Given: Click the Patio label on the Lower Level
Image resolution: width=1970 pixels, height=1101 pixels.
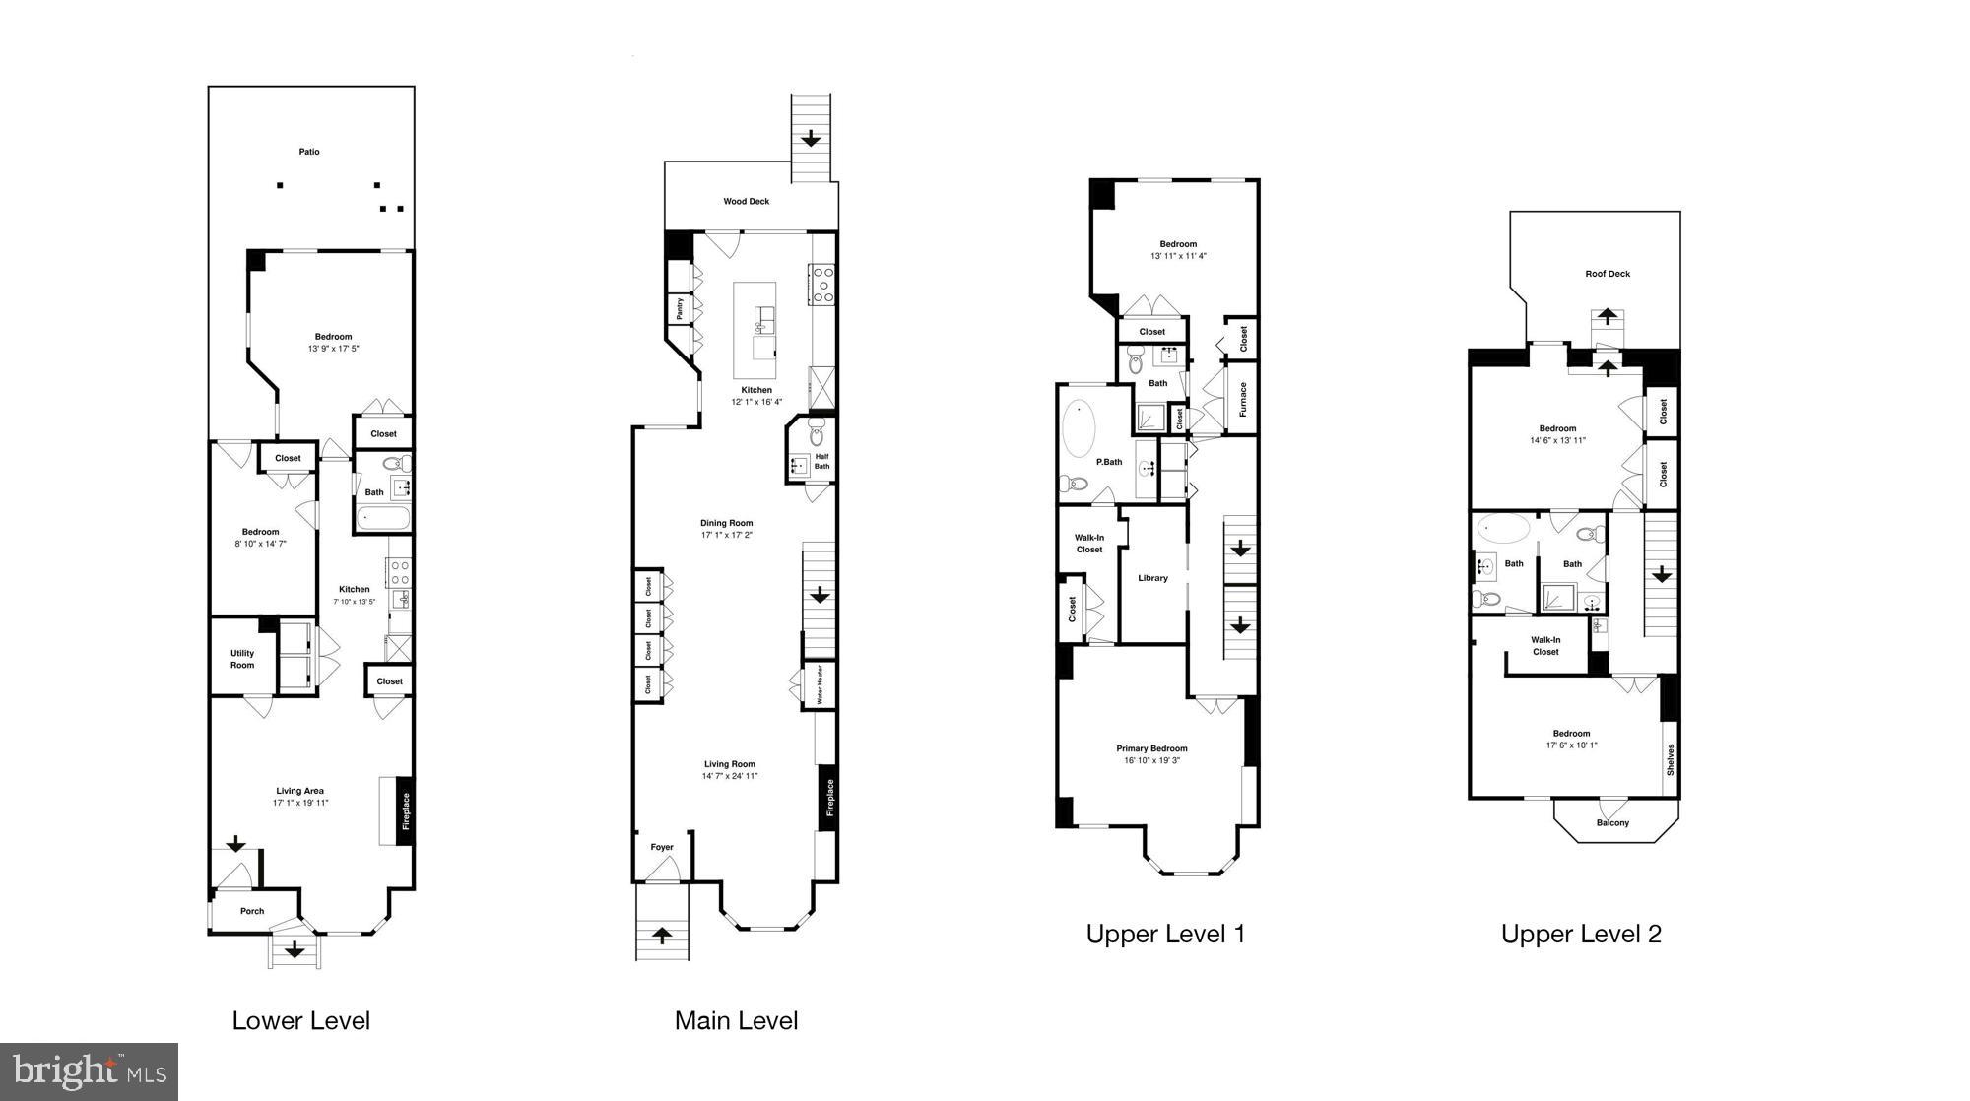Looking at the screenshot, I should (x=309, y=152).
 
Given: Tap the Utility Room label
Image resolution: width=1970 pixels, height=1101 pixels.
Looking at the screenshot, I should (x=242, y=659).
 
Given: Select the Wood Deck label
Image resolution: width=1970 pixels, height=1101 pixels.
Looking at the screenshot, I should (x=747, y=202).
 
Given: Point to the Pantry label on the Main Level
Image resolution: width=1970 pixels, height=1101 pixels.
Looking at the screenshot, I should (x=680, y=309).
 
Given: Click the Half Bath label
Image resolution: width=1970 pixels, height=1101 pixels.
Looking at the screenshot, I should (x=821, y=461).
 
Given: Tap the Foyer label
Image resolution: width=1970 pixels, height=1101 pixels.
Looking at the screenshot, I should (x=662, y=847).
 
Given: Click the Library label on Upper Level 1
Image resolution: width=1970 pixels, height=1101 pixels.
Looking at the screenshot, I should (x=1152, y=578).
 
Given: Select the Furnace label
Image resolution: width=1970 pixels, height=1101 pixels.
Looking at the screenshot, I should (x=1243, y=400).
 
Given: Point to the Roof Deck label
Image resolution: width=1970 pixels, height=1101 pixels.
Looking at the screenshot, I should (x=1608, y=274).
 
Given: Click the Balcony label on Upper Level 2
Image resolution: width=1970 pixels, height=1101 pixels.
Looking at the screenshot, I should (x=1612, y=823).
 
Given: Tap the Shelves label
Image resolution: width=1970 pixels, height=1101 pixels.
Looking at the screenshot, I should (x=1670, y=759).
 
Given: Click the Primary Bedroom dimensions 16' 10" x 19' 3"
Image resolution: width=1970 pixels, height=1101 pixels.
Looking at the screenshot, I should (x=1151, y=760).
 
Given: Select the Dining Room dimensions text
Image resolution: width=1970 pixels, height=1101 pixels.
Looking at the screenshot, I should (x=727, y=536).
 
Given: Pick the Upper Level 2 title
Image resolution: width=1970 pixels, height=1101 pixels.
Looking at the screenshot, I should (x=1581, y=935).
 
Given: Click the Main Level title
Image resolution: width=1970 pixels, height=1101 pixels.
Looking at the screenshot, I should (x=736, y=1021).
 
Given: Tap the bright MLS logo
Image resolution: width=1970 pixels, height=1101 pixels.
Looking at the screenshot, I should (x=89, y=1071).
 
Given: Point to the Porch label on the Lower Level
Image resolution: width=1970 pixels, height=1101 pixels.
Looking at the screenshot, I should (x=252, y=911).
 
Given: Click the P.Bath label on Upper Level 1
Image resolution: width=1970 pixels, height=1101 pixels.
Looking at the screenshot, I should (x=1109, y=462).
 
